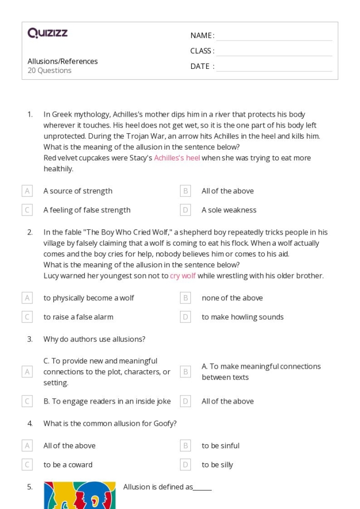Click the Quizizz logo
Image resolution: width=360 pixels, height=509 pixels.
[x=47, y=33]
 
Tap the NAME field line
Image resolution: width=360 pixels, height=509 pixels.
[x=274, y=36]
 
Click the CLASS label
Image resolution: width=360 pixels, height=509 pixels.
[x=202, y=51]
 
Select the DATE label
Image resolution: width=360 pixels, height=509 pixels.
[x=202, y=66]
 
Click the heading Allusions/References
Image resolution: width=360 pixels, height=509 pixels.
[x=62, y=61]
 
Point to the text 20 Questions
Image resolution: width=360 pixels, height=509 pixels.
[x=49, y=70]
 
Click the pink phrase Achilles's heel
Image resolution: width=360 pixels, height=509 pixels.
[x=177, y=158]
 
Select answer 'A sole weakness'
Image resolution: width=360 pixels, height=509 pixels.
[x=229, y=210]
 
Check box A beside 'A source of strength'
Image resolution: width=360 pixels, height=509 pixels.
[x=27, y=191]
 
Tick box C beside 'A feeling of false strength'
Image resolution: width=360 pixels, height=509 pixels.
[x=27, y=210]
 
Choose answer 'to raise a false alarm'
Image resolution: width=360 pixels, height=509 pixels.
[x=78, y=317]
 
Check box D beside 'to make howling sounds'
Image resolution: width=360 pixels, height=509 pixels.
[x=186, y=317]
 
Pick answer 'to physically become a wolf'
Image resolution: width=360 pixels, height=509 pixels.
[x=88, y=298]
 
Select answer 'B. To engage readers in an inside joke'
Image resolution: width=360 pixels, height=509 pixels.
[x=107, y=401]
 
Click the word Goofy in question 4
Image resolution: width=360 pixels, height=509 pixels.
[x=165, y=424]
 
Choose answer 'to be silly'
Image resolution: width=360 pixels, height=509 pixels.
[x=217, y=465]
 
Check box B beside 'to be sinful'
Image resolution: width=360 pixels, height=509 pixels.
[x=186, y=446]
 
